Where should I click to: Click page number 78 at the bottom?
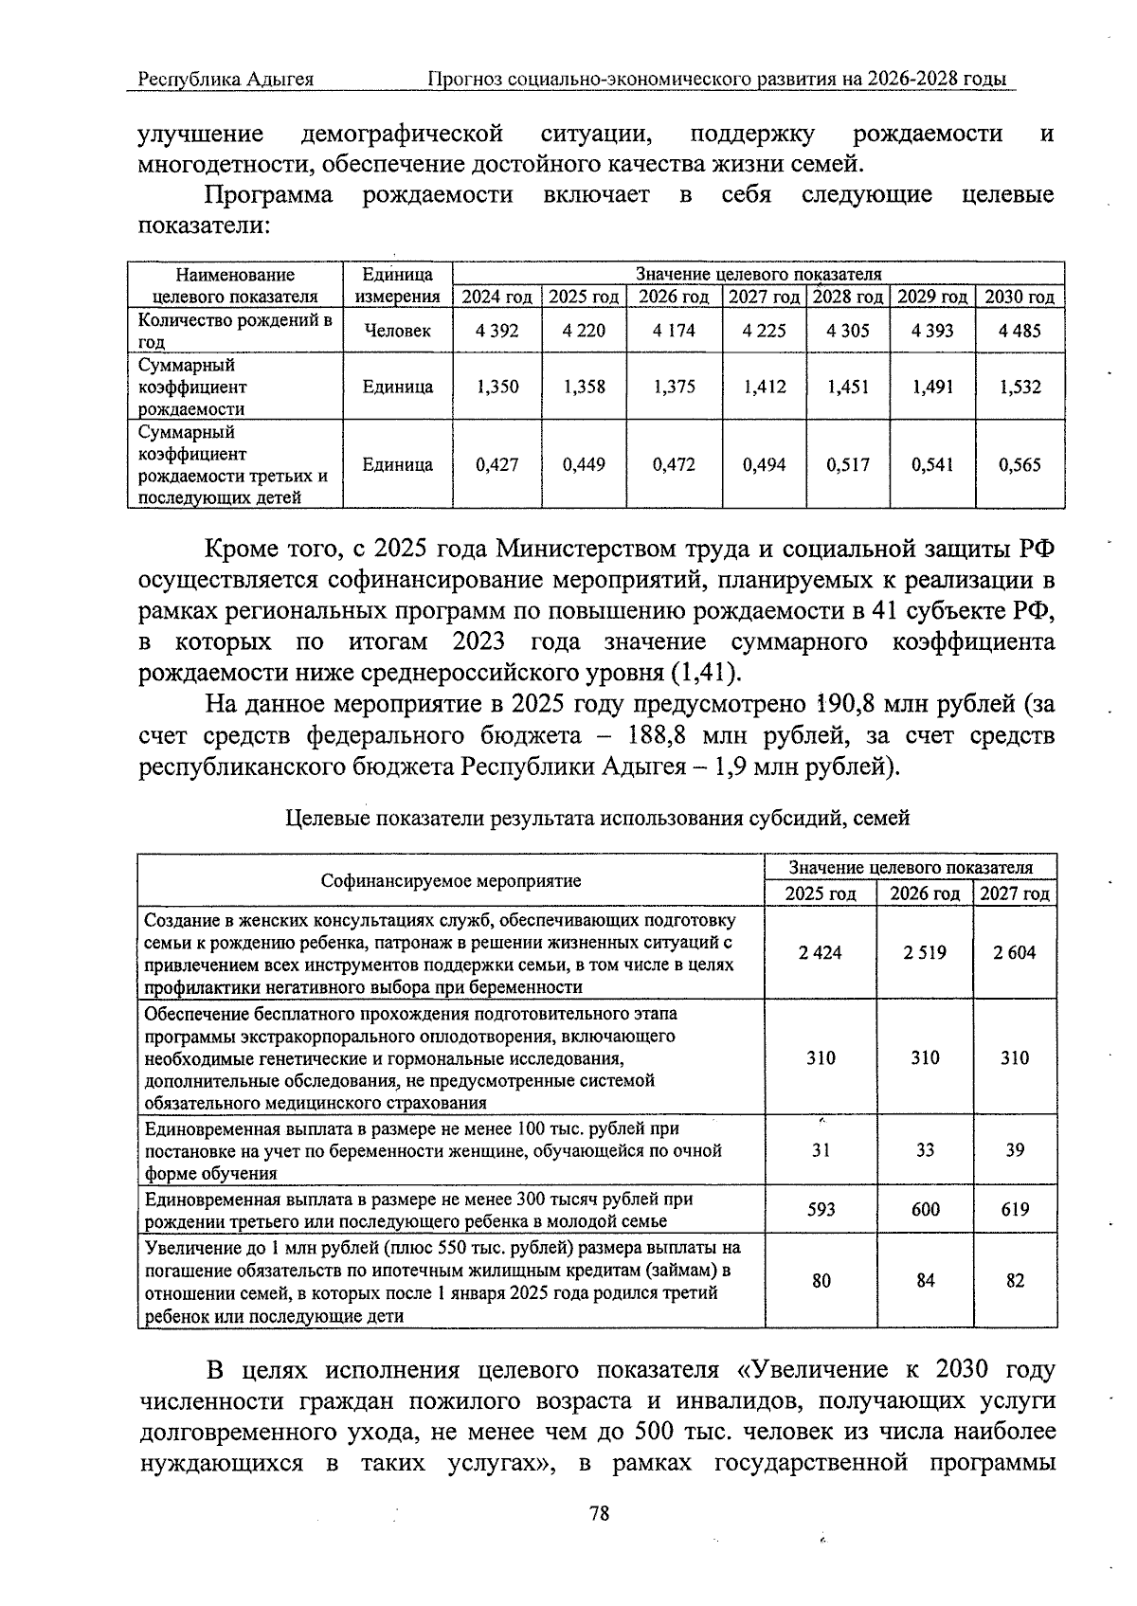599,1513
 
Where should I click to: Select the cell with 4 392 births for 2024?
497,331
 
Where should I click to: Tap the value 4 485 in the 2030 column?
1020,331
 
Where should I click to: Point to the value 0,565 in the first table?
1020,465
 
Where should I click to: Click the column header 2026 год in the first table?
673,297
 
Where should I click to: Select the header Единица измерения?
397,285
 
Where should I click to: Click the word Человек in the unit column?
397,331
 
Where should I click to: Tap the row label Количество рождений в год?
234,331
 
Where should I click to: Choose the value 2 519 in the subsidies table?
925,952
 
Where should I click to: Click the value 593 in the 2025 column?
821,1209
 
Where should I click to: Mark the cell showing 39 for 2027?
1015,1149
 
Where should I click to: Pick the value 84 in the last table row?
926,1280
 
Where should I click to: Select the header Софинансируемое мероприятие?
451,881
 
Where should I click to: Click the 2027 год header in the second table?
1015,893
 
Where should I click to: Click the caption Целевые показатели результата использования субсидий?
597,818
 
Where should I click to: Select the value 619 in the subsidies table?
1015,1209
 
